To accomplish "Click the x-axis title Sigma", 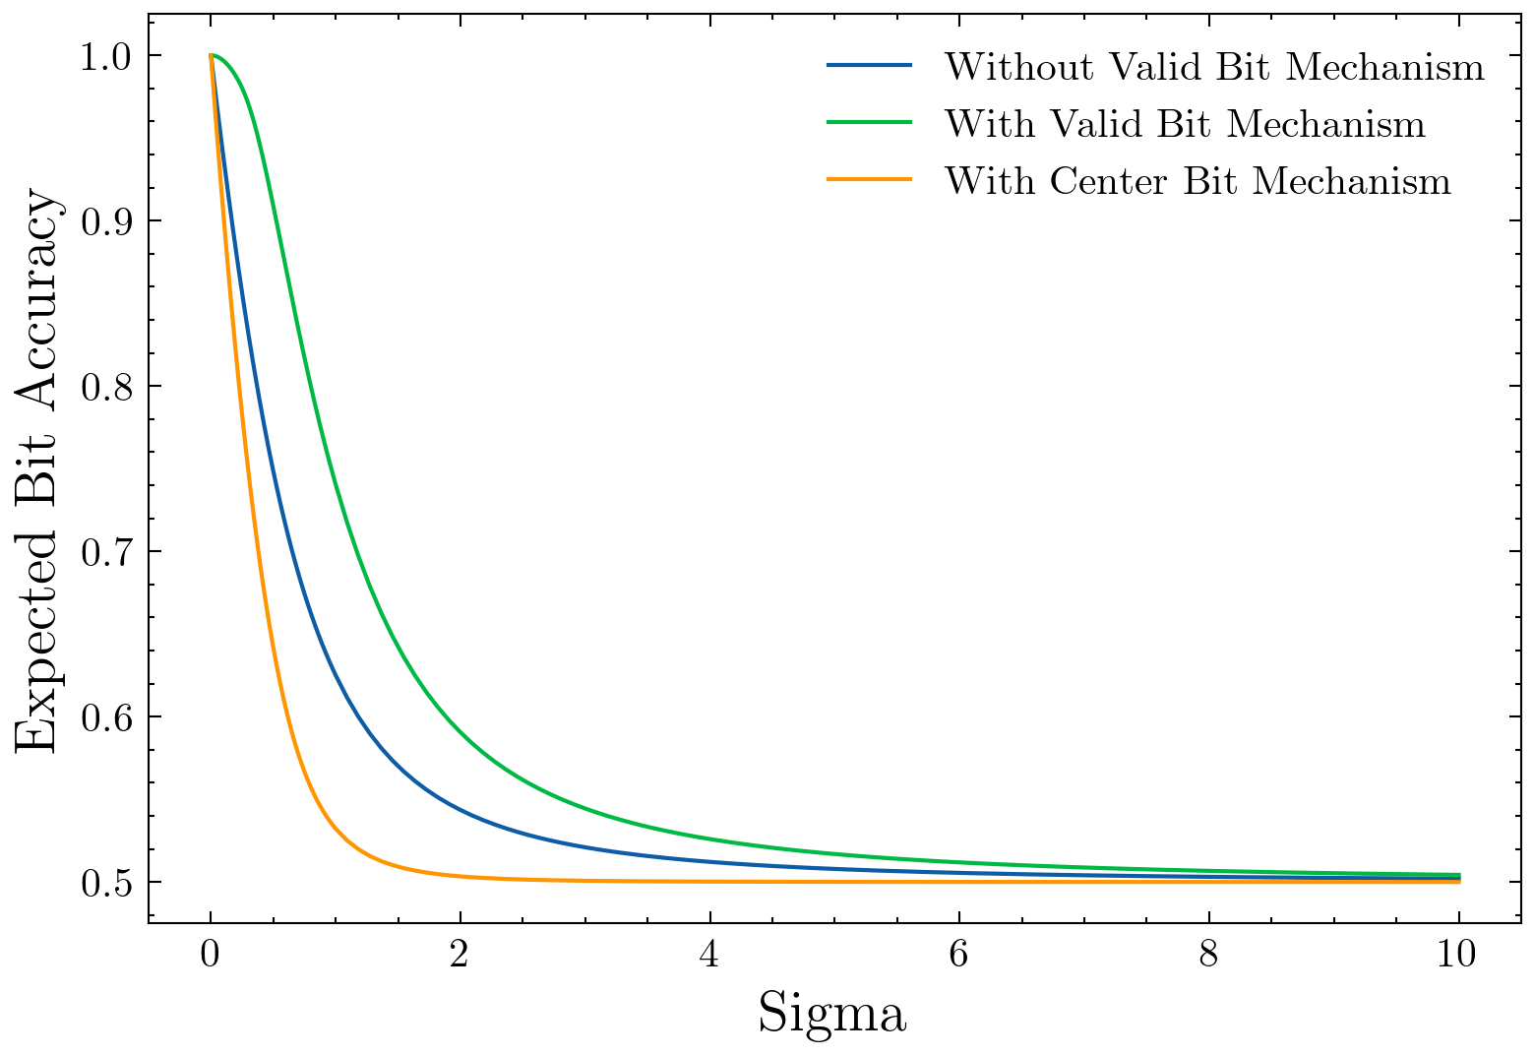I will [831, 1015].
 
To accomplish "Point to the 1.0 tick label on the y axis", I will [107, 56].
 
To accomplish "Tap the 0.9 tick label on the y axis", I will [107, 221].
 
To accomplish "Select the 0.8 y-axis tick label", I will [107, 387].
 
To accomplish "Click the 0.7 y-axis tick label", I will [107, 552].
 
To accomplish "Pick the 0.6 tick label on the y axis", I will [107, 717].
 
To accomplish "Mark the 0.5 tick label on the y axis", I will [107, 883].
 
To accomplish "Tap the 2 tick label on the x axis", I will [460, 955].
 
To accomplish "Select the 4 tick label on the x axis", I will [709, 955].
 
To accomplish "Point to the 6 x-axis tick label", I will [959, 955].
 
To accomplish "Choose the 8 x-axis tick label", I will [1208, 955].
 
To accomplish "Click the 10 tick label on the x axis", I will [1458, 955].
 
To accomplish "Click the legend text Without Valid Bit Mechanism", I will [1214, 67].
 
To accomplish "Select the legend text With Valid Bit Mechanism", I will [1185, 124].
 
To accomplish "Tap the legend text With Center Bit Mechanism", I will [1197, 181].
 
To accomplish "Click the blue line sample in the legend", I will [869, 66].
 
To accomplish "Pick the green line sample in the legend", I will [869, 123].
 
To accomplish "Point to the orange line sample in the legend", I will [869, 180].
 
